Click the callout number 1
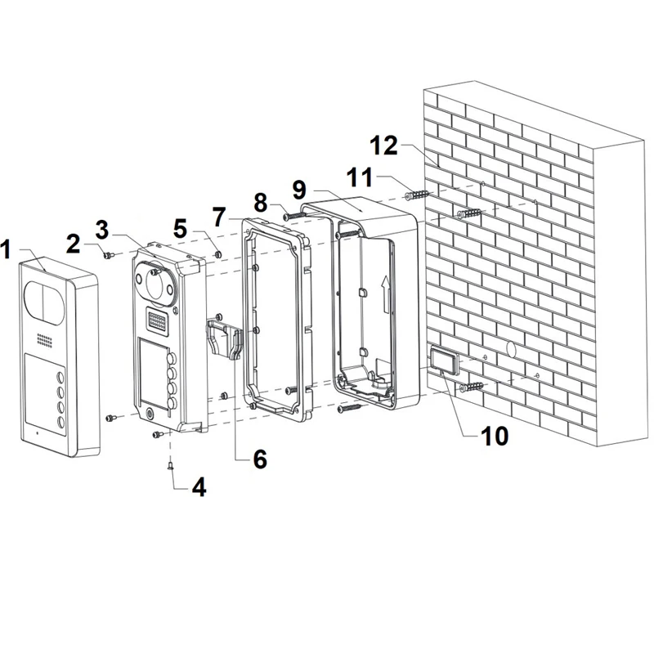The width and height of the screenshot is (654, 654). (x=6, y=249)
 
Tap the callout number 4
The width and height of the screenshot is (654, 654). (x=199, y=487)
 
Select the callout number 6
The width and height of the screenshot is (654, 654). (x=260, y=459)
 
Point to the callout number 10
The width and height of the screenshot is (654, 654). (x=495, y=436)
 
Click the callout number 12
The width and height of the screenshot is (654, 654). (x=384, y=146)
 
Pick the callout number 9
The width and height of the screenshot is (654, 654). (x=299, y=190)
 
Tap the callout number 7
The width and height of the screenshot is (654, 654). (x=219, y=217)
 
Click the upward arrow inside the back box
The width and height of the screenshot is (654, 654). (x=387, y=293)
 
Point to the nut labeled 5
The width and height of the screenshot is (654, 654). (x=217, y=254)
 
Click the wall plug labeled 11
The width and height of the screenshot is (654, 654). (x=417, y=195)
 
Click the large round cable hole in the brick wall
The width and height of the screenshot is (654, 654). (x=512, y=349)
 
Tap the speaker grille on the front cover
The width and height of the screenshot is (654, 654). (x=44, y=340)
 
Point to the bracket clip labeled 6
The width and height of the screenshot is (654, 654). (x=223, y=336)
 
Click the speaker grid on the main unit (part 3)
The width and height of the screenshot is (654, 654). (x=156, y=320)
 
